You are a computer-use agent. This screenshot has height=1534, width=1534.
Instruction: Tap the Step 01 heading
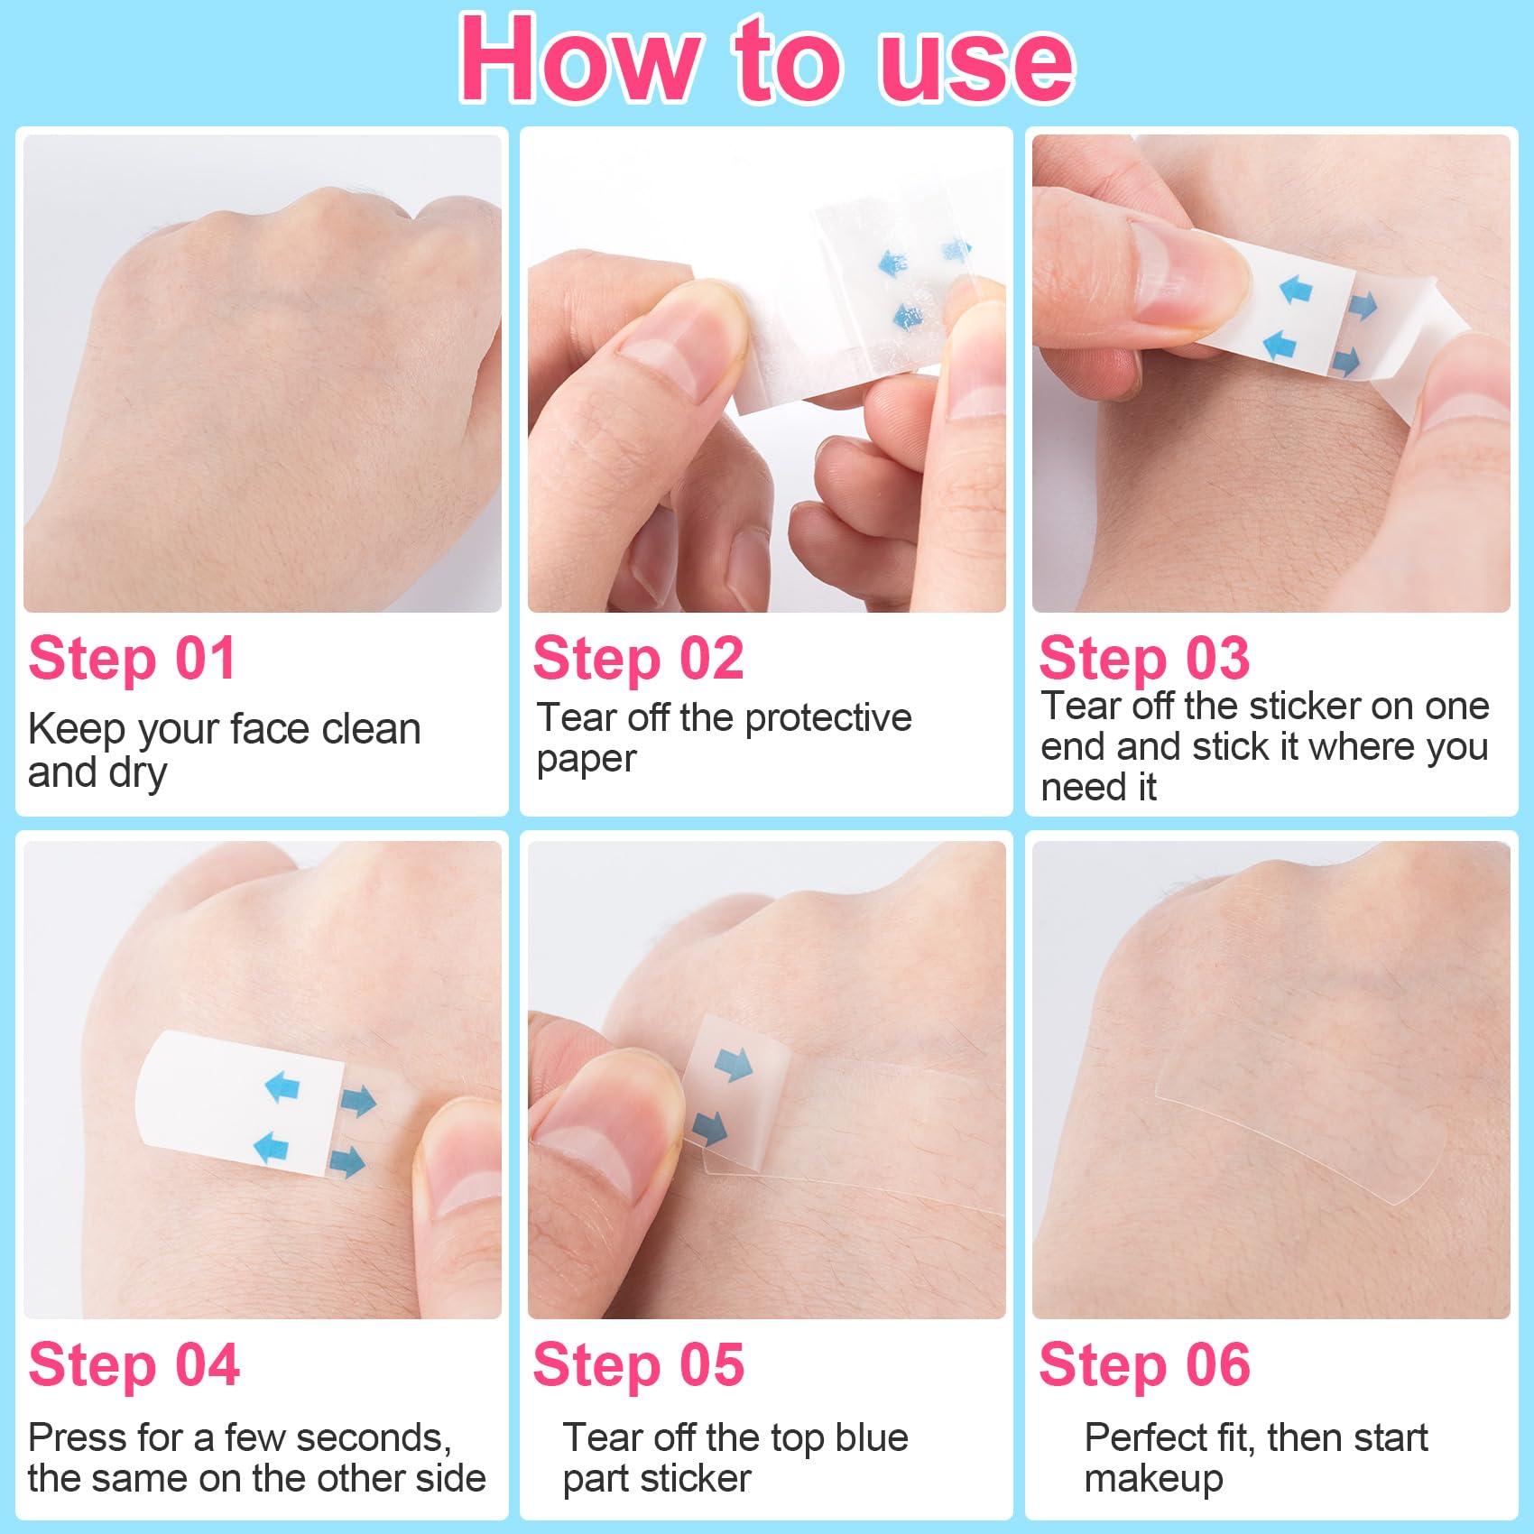[133, 658]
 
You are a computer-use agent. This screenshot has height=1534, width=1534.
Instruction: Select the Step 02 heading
[638, 658]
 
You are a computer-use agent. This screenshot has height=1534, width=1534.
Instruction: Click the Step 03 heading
[1144, 658]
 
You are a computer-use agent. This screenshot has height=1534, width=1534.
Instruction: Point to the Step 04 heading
[134, 1364]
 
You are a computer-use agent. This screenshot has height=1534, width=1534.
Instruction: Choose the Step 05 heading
[638, 1364]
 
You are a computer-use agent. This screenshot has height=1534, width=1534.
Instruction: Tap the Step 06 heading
[1144, 1364]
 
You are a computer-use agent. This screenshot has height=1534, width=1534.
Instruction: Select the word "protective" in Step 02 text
[828, 718]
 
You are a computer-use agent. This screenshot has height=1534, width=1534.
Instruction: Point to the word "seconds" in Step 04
[384, 1437]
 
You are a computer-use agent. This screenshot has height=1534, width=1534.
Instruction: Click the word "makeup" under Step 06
[1153, 1479]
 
